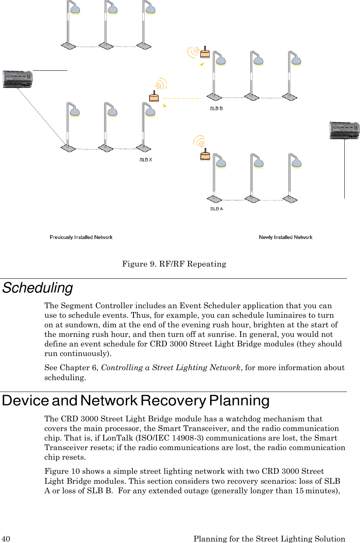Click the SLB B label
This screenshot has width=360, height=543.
tap(216, 109)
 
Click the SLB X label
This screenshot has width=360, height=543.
tap(146, 160)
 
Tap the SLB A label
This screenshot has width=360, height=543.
tap(217, 209)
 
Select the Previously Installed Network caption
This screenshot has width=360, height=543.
tap(81, 237)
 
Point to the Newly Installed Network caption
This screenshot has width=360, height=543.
tap(285, 237)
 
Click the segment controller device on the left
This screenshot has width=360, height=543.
tap(18, 79)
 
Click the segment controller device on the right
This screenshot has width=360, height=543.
tap(344, 130)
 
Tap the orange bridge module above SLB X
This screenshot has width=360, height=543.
tap(154, 97)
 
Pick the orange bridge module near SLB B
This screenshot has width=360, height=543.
tap(205, 52)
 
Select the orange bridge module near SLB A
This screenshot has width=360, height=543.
tap(205, 155)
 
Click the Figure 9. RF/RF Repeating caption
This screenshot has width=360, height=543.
tap(174, 264)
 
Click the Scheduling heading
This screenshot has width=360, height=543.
tap(37, 288)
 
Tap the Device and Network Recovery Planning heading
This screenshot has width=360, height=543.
tap(136, 401)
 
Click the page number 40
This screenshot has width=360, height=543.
tap(6, 539)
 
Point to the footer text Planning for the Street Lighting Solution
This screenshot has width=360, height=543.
tap(269, 539)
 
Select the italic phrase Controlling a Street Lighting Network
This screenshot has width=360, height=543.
tap(171, 368)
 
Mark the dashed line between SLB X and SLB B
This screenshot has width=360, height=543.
tap(182, 99)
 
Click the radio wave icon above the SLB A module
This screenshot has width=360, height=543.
tap(199, 141)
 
